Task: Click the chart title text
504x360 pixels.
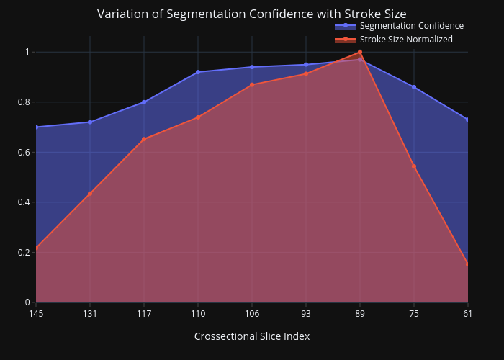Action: (252, 14)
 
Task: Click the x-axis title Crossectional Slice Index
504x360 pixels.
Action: (252, 336)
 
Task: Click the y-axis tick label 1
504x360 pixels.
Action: (27, 52)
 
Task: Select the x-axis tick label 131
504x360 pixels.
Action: (90, 313)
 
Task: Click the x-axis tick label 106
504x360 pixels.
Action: (252, 313)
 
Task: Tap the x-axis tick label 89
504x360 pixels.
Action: (360, 313)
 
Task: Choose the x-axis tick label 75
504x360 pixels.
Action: (414, 313)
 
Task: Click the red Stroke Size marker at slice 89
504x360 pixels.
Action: (360, 52)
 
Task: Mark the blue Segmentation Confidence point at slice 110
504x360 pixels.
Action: (198, 72)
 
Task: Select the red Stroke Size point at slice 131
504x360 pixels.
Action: (90, 194)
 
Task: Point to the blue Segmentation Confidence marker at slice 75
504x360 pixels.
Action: (414, 87)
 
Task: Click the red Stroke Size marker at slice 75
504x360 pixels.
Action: (414, 166)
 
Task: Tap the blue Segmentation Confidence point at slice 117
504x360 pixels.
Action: (144, 102)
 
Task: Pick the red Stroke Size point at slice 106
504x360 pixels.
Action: (252, 85)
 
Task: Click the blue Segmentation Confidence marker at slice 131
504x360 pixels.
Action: (90, 122)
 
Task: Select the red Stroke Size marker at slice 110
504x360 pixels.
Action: (198, 117)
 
